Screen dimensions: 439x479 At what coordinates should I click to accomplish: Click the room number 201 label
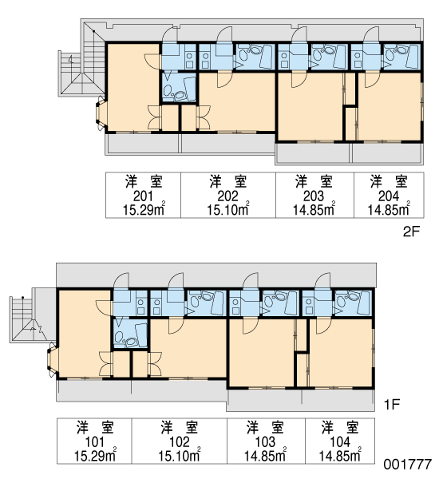[x=143, y=196]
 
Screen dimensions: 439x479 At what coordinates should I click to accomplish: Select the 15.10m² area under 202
[x=228, y=209]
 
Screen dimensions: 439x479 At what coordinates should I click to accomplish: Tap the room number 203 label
[x=314, y=196]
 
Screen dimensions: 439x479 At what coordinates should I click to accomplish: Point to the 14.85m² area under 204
[x=389, y=209]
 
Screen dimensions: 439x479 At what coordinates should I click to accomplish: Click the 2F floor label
[x=412, y=232]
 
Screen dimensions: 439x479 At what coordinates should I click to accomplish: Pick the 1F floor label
[x=392, y=405]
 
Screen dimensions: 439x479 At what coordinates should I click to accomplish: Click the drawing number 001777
[x=408, y=465]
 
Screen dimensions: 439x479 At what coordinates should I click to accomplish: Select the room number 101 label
[x=94, y=442]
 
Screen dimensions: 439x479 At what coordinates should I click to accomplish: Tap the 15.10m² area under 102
[x=180, y=455]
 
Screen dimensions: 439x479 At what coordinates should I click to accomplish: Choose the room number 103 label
[x=265, y=442]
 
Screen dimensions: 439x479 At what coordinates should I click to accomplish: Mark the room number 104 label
[x=340, y=442]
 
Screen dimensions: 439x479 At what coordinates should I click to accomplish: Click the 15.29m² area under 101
[x=95, y=455]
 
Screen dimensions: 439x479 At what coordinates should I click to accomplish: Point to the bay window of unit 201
[x=101, y=113]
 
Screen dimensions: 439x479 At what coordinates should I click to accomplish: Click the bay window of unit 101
[x=52, y=359]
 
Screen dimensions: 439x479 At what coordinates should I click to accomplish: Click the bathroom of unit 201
[x=179, y=87]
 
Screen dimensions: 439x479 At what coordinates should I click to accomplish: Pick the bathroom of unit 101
[x=130, y=334]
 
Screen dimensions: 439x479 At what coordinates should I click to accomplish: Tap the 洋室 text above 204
[x=389, y=182]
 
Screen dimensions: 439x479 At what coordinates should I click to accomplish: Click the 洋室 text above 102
[x=180, y=427]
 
